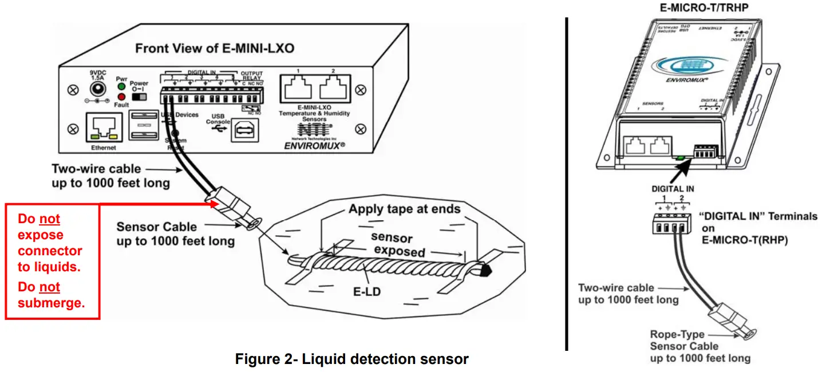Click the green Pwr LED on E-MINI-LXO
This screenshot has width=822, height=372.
pyautogui.click(x=121, y=86)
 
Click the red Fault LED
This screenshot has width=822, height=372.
pyautogui.click(x=121, y=97)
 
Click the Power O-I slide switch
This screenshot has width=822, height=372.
pyautogui.click(x=139, y=96)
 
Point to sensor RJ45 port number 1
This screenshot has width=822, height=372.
pyautogui.click(x=298, y=89)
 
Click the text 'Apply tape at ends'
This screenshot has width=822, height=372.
pyautogui.click(x=404, y=209)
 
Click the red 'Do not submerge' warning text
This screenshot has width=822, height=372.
pyautogui.click(x=51, y=295)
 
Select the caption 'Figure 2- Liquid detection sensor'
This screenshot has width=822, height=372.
pyautogui.click(x=351, y=359)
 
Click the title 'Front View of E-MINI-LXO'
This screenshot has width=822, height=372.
pyautogui.click(x=215, y=48)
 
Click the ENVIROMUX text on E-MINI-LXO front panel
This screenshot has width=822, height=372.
pyautogui.click(x=314, y=146)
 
